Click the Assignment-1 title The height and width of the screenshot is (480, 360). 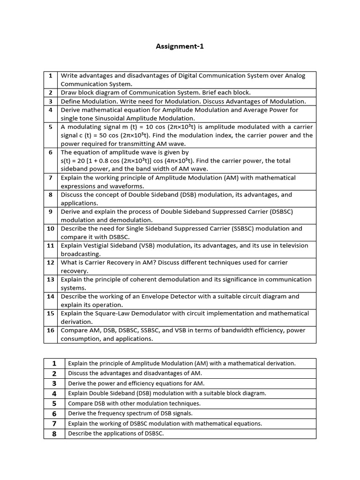(x=180, y=46)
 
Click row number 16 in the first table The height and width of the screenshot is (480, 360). (x=51, y=330)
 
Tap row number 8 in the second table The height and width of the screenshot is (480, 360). (x=54, y=434)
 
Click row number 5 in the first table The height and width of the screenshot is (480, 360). (x=51, y=127)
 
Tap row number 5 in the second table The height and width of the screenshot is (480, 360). (x=54, y=404)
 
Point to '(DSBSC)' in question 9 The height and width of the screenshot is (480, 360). (x=280, y=211)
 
